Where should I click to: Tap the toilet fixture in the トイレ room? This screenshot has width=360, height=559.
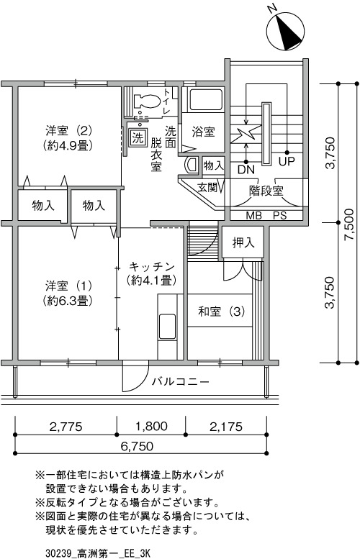(146, 101)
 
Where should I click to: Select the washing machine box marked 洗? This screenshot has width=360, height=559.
(138, 137)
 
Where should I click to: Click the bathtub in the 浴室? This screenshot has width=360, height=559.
(206, 100)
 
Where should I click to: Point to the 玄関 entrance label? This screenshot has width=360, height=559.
(207, 188)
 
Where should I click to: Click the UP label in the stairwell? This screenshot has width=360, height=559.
(287, 161)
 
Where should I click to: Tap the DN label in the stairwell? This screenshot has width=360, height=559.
(246, 169)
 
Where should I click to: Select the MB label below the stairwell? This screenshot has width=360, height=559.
(253, 215)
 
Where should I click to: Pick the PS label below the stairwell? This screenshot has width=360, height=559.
(280, 215)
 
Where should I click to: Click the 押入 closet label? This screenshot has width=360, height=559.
(243, 242)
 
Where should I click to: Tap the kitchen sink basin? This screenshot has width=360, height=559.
(167, 326)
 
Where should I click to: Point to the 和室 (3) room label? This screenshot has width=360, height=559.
(221, 312)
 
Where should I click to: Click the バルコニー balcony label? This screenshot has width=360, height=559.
(181, 382)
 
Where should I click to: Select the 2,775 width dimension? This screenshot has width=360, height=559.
(66, 427)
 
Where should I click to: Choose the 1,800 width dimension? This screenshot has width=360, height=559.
(151, 426)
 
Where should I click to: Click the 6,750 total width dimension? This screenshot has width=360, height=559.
(137, 446)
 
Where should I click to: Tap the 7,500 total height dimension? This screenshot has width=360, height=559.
(350, 224)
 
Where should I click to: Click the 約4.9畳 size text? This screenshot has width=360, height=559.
(69, 146)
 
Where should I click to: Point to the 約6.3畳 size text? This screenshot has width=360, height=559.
(69, 301)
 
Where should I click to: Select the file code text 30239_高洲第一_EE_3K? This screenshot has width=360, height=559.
(97, 553)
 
